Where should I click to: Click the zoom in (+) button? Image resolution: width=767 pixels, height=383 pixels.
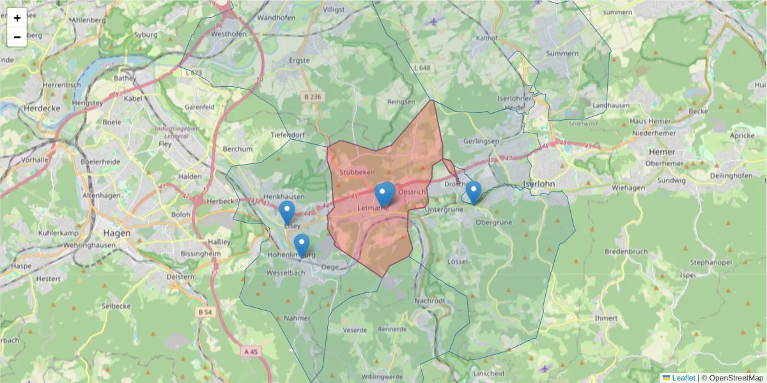click(x=17, y=18)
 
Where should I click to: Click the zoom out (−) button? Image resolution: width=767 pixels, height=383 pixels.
click(x=17, y=37)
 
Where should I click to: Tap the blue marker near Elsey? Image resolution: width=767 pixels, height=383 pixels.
click(x=287, y=212)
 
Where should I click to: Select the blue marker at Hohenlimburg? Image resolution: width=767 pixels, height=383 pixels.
click(x=301, y=244)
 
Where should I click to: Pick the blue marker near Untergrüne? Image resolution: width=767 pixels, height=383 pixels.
click(x=473, y=191)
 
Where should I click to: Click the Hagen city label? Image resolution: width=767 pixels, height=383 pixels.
click(x=115, y=233)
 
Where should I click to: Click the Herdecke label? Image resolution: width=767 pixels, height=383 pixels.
click(x=41, y=109)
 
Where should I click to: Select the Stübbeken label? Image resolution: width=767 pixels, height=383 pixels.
click(x=357, y=172)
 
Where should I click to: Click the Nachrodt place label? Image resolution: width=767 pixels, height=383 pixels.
click(x=429, y=300)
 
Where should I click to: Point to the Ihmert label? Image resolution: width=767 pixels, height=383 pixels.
click(x=606, y=318)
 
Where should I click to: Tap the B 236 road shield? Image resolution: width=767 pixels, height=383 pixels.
click(x=313, y=96)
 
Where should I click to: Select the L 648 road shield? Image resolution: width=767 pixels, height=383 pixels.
click(x=422, y=67)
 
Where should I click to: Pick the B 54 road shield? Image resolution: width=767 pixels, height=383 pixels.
click(x=205, y=312)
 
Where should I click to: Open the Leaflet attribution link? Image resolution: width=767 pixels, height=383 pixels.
click(x=683, y=378)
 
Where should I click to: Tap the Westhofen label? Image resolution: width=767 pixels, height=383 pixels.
click(x=228, y=34)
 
